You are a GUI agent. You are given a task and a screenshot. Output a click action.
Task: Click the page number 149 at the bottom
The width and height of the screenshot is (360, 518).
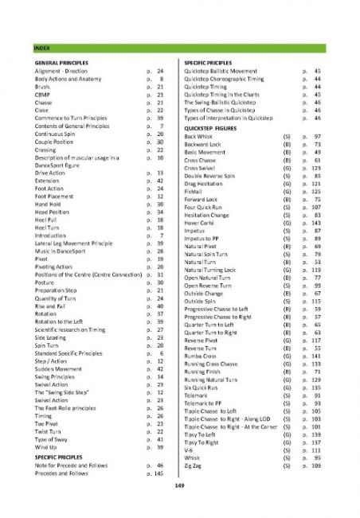[x=179, y=484]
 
